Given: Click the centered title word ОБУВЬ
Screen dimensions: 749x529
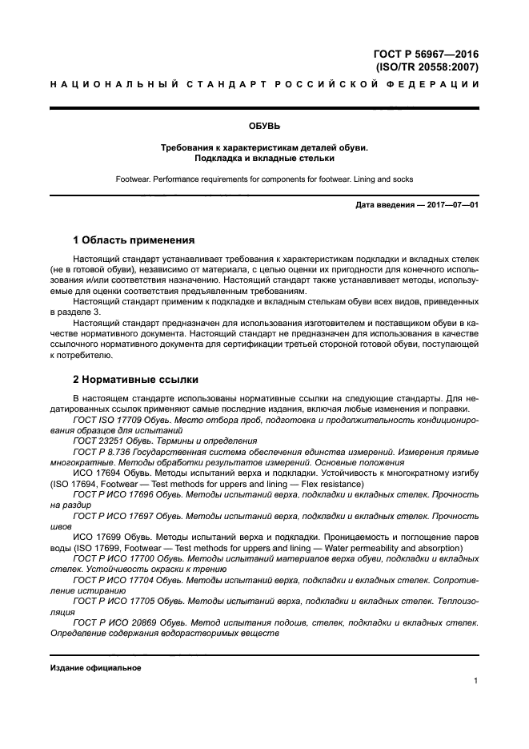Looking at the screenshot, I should [x=264, y=125].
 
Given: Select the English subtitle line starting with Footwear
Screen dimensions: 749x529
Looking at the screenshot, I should [x=264, y=179].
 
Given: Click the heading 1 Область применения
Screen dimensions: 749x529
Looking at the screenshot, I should [x=134, y=240].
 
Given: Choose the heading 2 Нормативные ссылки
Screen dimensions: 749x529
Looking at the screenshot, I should [x=136, y=378].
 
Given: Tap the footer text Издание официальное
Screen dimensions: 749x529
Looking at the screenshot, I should [x=95, y=667].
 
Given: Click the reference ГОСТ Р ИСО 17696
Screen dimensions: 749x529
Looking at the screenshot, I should [x=113, y=495].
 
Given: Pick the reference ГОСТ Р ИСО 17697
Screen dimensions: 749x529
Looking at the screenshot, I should [x=113, y=517].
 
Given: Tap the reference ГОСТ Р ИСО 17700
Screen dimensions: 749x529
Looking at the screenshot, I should [x=113, y=558].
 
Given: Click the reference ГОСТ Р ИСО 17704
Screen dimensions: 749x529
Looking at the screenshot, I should [x=113, y=578].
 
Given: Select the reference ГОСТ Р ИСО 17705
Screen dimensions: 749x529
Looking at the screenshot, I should [x=113, y=600].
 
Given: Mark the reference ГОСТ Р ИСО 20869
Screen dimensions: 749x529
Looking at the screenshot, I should [x=113, y=621].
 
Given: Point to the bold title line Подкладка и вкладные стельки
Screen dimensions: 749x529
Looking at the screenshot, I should [x=264, y=158].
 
